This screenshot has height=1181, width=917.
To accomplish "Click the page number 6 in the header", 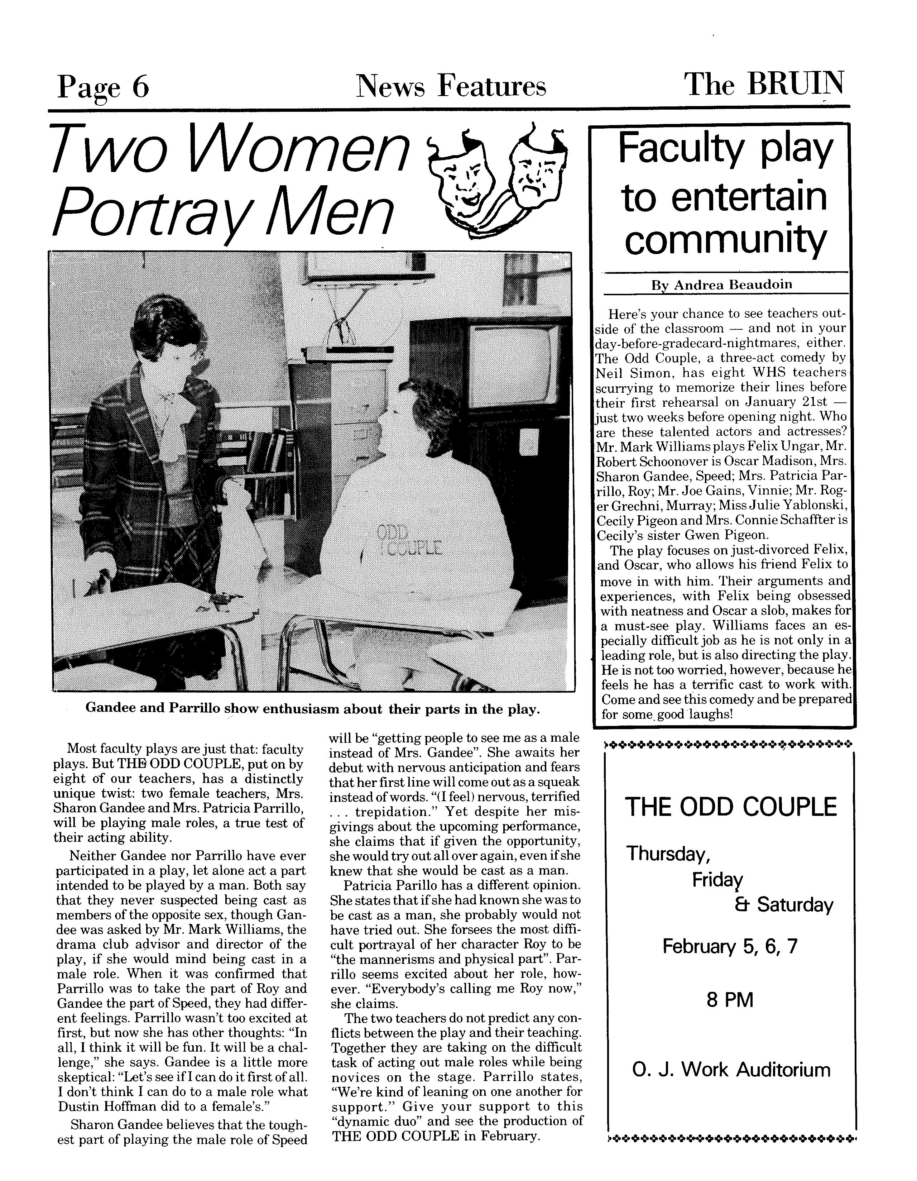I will click(139, 86).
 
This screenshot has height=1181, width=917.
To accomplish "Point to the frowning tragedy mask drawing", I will click(533, 173).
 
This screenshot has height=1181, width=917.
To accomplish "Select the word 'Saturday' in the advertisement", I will click(795, 905).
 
